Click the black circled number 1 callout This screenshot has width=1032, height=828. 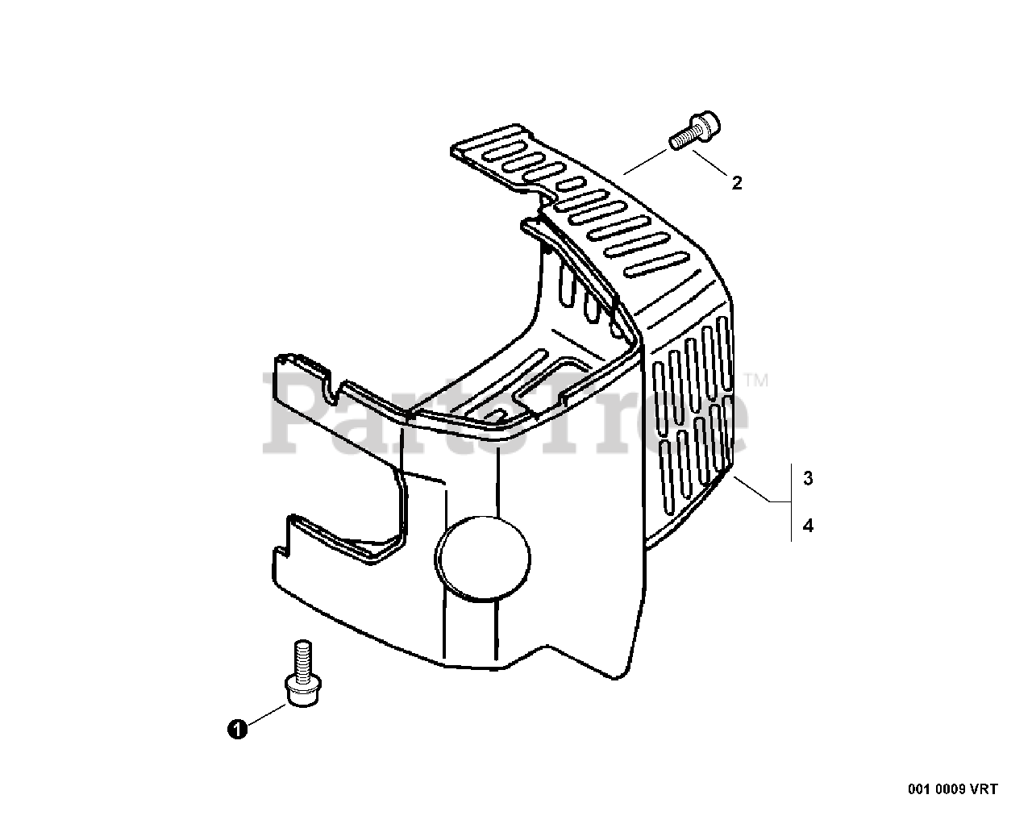236,730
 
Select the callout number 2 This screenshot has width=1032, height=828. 736,183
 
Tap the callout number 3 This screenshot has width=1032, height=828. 808,478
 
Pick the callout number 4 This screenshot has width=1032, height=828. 808,526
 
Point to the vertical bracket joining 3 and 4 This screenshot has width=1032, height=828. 791,502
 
